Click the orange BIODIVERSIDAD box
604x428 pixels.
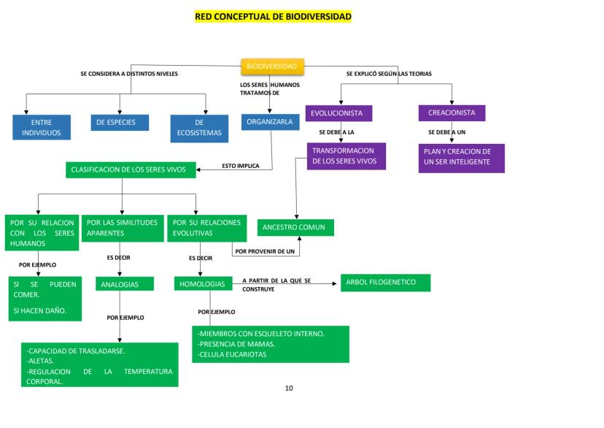click(272, 66)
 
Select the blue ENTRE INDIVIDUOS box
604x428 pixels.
click(42, 127)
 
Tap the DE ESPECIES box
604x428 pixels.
click(120, 122)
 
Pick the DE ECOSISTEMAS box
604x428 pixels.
click(199, 127)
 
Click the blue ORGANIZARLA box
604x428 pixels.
click(270, 122)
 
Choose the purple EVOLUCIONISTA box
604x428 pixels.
click(339, 113)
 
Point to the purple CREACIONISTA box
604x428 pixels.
click(452, 113)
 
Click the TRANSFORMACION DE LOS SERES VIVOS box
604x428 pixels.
click(346, 156)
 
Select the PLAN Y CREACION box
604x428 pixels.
click(461, 158)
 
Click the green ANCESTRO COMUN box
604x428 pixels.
click(295, 228)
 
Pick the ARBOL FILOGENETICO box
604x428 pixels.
click(385, 283)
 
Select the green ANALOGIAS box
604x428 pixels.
click(125, 284)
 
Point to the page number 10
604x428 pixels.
click(289, 388)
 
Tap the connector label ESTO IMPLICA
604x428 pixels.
click(241, 166)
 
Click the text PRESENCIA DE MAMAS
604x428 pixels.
click(238, 344)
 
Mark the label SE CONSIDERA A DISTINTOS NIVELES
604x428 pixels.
click(129, 74)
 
